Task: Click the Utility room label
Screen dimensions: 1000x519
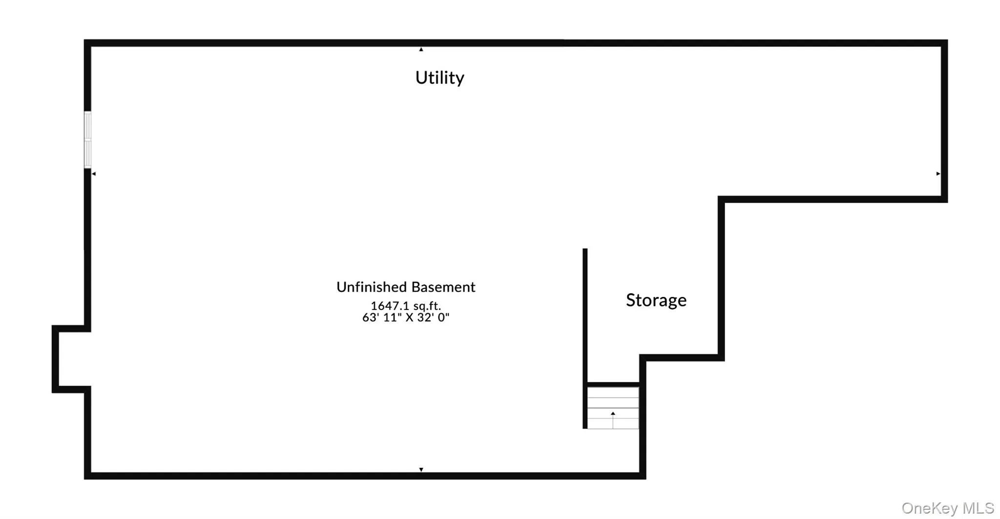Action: pos(439,78)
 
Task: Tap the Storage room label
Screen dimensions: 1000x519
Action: pos(656,300)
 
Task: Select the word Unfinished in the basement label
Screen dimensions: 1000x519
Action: pos(371,287)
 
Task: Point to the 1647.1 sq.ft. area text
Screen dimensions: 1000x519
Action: pos(406,306)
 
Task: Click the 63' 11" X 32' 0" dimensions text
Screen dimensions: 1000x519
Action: pos(406,317)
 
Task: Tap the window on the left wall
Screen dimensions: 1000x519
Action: pos(88,140)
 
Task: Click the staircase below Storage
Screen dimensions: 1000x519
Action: pos(613,408)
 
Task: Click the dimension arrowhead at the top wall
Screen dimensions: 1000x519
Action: pos(421,49)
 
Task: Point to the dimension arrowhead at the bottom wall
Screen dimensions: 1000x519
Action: pos(421,470)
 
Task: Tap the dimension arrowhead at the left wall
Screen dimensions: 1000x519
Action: pos(94,174)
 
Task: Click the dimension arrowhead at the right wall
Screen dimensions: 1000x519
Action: pos(938,174)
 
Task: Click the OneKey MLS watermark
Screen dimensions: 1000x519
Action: pos(948,508)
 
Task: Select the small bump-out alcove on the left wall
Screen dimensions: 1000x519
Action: pos(71,359)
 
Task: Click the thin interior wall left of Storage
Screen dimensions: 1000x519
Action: pos(585,338)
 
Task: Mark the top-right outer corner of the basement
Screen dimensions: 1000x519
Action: pos(948,40)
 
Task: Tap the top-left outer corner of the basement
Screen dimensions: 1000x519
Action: pos(84,40)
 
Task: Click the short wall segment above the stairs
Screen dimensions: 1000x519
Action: pos(613,385)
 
